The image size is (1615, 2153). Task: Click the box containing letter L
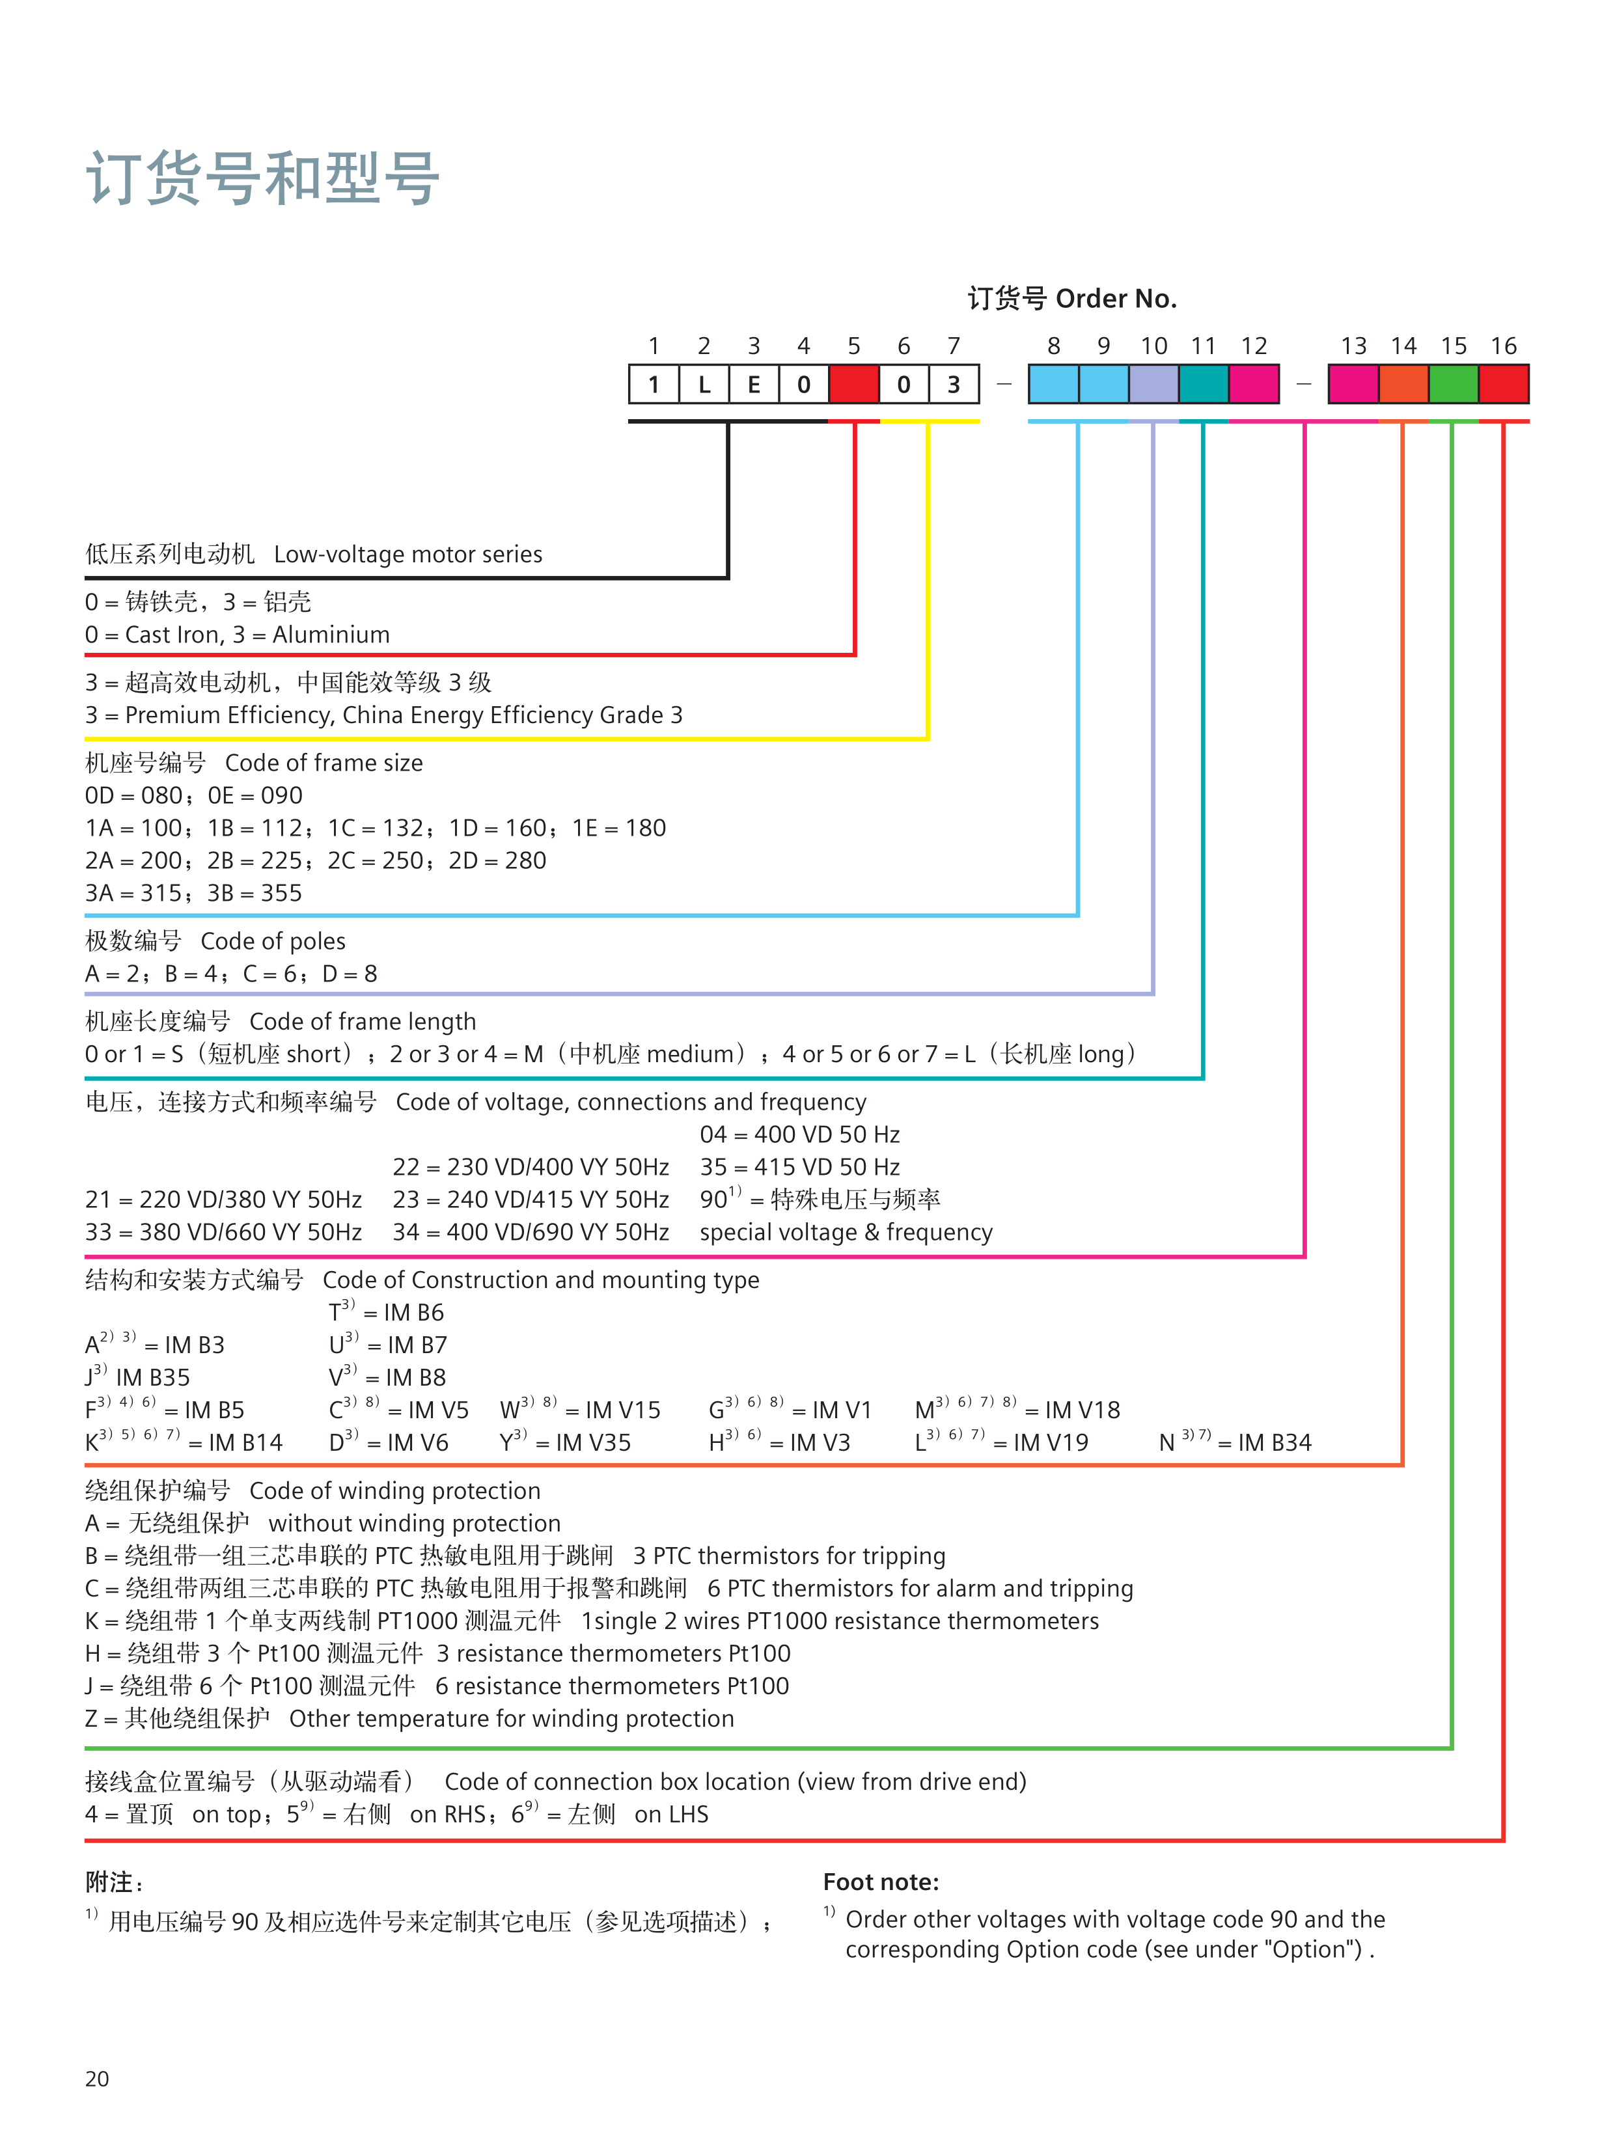[704, 385]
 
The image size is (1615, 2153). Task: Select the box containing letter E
[754, 385]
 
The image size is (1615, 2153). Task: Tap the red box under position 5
[854, 385]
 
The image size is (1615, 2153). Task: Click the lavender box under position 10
[1153, 385]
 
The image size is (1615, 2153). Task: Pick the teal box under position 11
[1203, 385]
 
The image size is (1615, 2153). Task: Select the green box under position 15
[1454, 385]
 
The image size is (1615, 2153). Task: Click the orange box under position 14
[1403, 385]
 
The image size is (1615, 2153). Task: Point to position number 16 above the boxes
[1503, 346]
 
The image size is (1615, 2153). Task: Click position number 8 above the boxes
[1053, 346]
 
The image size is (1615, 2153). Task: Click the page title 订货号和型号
[263, 179]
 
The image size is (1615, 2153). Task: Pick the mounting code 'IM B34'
[1275, 1442]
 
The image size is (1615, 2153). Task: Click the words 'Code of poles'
[273, 941]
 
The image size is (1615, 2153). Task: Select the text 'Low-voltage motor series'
[408, 555]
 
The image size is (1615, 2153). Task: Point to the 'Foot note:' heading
[881, 1882]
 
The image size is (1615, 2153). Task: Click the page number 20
[98, 2079]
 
